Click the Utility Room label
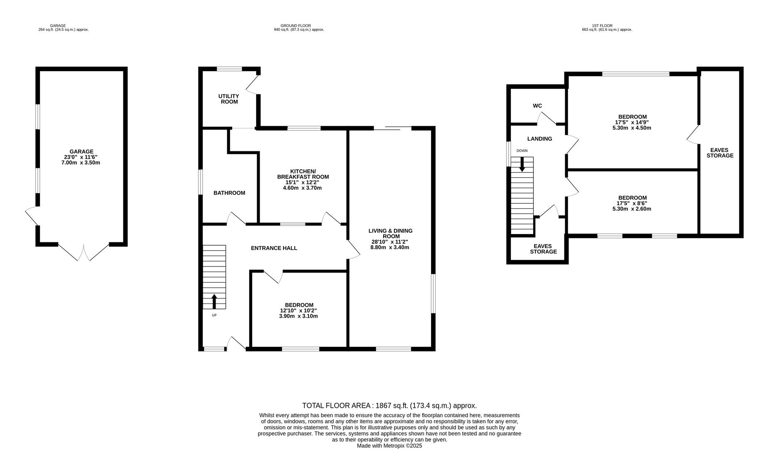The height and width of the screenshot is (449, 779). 229,99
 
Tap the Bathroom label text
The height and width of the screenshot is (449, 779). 229,193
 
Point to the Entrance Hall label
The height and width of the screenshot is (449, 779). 274,248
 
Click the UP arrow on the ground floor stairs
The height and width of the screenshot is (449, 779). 214,301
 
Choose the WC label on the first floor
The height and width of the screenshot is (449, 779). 537,106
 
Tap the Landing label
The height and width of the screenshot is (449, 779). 539,139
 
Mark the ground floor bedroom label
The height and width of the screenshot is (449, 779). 299,305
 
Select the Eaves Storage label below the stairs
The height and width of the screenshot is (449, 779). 543,249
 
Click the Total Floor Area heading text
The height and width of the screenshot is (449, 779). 389,406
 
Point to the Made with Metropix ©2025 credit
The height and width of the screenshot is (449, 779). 389,446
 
